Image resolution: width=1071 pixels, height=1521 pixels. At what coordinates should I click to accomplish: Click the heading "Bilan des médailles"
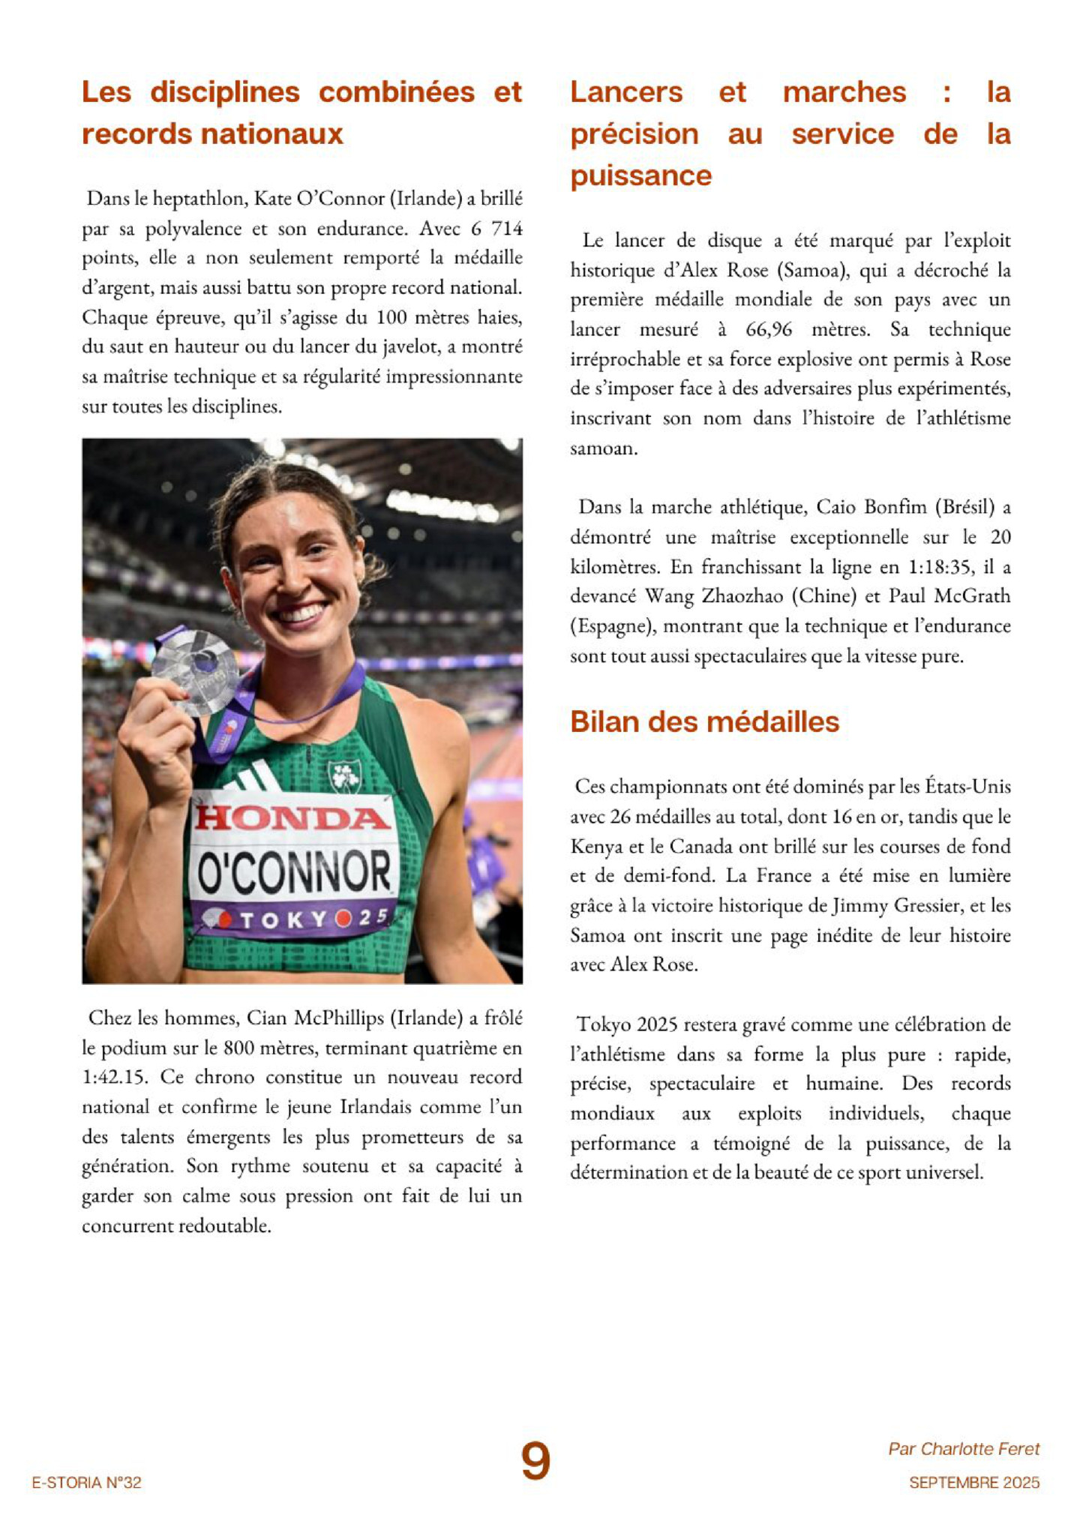pyautogui.click(x=704, y=721)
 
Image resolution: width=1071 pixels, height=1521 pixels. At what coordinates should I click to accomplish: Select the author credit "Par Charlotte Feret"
pyautogui.click(x=964, y=1449)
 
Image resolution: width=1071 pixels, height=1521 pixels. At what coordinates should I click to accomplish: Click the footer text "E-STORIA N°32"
pyautogui.click(x=86, y=1483)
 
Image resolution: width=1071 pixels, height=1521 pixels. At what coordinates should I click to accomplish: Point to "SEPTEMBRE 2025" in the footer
pyautogui.click(x=974, y=1483)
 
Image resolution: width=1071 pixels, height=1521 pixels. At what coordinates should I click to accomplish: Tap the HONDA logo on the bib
pyautogui.click(x=292, y=817)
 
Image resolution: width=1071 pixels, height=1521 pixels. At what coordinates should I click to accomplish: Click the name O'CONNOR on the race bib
pyautogui.click(x=294, y=871)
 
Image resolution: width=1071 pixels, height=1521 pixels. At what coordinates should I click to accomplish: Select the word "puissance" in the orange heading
pyautogui.click(x=640, y=175)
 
